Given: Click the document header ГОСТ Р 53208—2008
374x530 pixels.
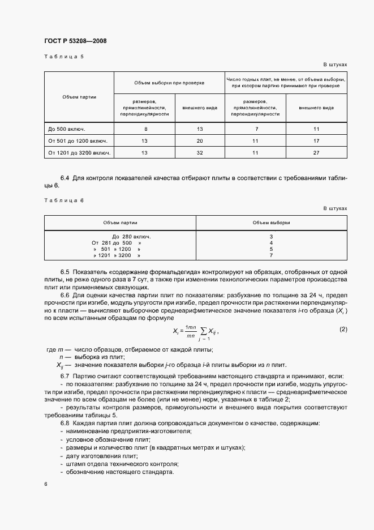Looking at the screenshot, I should click(75, 41).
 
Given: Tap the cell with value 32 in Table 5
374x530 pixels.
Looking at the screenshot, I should click(199, 152).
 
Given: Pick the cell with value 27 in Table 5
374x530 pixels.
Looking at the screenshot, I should click(316, 152).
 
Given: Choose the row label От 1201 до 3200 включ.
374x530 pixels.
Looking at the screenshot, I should click(79, 152).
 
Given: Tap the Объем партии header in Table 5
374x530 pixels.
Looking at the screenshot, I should click(79, 97).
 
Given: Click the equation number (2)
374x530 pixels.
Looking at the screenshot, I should click(342, 329).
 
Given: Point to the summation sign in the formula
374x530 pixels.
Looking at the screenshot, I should click(200, 332).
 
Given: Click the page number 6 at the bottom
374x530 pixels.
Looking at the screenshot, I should click(45, 484).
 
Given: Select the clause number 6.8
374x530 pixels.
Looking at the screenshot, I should click(65, 423).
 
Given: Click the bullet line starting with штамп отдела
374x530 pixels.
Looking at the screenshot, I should click(102, 464).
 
